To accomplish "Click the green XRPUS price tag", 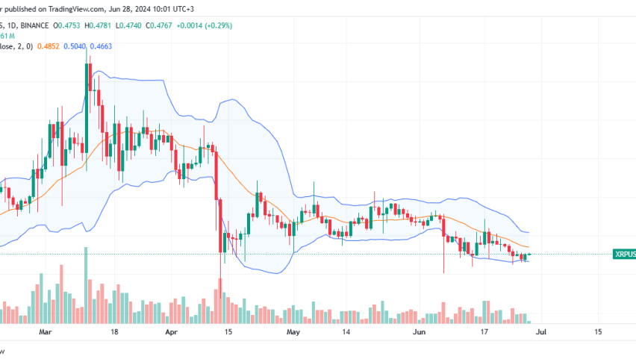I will point(623,254).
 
